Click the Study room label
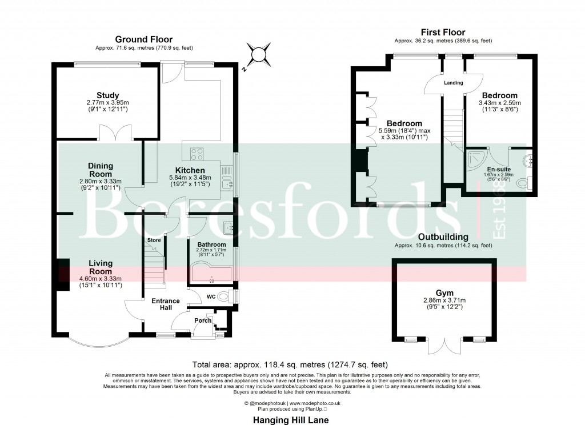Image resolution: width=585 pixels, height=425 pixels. [x=107, y=95]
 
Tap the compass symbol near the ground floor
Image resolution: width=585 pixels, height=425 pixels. [x=258, y=55]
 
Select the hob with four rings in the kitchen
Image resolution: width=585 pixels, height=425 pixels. [x=197, y=153]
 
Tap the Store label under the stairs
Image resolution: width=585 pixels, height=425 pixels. [x=154, y=240]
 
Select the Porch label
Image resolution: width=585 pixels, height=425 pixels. [x=203, y=320]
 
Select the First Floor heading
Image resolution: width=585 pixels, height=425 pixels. [x=443, y=33]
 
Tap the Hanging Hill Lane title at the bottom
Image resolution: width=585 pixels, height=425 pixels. [x=291, y=419]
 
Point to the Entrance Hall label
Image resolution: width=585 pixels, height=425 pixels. [x=165, y=304]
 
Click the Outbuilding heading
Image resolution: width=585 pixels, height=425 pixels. [x=443, y=236]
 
